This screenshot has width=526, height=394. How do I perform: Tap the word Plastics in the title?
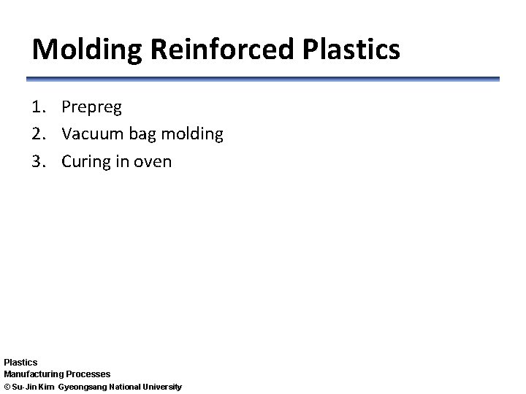point(348,50)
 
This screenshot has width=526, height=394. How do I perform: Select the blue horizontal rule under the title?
point(263,79)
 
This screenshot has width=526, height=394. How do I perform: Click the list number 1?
point(39,107)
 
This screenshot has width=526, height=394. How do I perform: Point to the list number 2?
point(39,134)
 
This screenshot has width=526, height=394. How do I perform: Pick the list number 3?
point(39,161)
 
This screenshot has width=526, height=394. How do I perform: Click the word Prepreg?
point(91,108)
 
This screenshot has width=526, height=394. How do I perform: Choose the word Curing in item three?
point(85,162)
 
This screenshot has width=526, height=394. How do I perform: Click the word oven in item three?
point(152,162)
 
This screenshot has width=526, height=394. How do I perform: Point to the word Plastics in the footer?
point(20,362)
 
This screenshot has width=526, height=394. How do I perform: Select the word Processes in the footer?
point(88,374)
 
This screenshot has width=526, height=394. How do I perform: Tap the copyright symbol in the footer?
point(7,386)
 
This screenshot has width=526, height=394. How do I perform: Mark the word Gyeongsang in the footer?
point(83,386)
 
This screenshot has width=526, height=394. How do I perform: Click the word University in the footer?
point(161,386)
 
